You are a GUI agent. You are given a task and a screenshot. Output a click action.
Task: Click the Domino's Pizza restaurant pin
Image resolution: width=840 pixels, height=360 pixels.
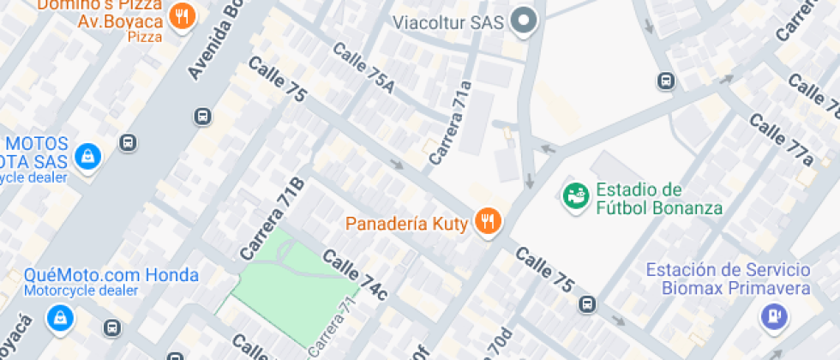[x=182, y=16]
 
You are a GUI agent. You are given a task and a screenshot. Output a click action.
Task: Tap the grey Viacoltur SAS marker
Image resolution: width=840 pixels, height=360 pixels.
[x=522, y=21]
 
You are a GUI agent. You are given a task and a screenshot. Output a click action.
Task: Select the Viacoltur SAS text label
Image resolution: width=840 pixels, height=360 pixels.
[x=448, y=21]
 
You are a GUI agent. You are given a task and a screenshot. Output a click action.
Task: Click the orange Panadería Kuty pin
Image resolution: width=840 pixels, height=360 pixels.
[x=489, y=222]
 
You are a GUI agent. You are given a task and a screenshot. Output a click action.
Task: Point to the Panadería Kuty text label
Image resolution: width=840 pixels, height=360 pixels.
[x=405, y=225]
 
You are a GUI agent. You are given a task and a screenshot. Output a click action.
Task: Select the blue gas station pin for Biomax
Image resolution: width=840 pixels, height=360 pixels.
[x=774, y=317]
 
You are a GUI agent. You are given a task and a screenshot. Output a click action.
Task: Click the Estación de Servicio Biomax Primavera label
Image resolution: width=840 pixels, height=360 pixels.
[x=728, y=279]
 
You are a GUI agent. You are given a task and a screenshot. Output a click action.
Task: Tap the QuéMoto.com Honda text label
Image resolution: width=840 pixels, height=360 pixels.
[x=111, y=275]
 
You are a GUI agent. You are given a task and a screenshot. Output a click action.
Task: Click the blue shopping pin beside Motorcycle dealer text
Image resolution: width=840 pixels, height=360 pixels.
[x=87, y=156]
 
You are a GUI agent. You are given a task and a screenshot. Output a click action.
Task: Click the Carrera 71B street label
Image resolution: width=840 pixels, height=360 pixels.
[x=272, y=219]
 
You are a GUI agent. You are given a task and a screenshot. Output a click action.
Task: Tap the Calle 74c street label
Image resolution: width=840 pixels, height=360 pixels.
[x=355, y=273]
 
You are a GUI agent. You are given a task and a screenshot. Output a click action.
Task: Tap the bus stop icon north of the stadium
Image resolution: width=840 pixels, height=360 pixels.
[x=665, y=81]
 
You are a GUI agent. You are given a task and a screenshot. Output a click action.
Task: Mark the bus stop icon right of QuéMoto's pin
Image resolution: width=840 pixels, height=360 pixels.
[x=112, y=327]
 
